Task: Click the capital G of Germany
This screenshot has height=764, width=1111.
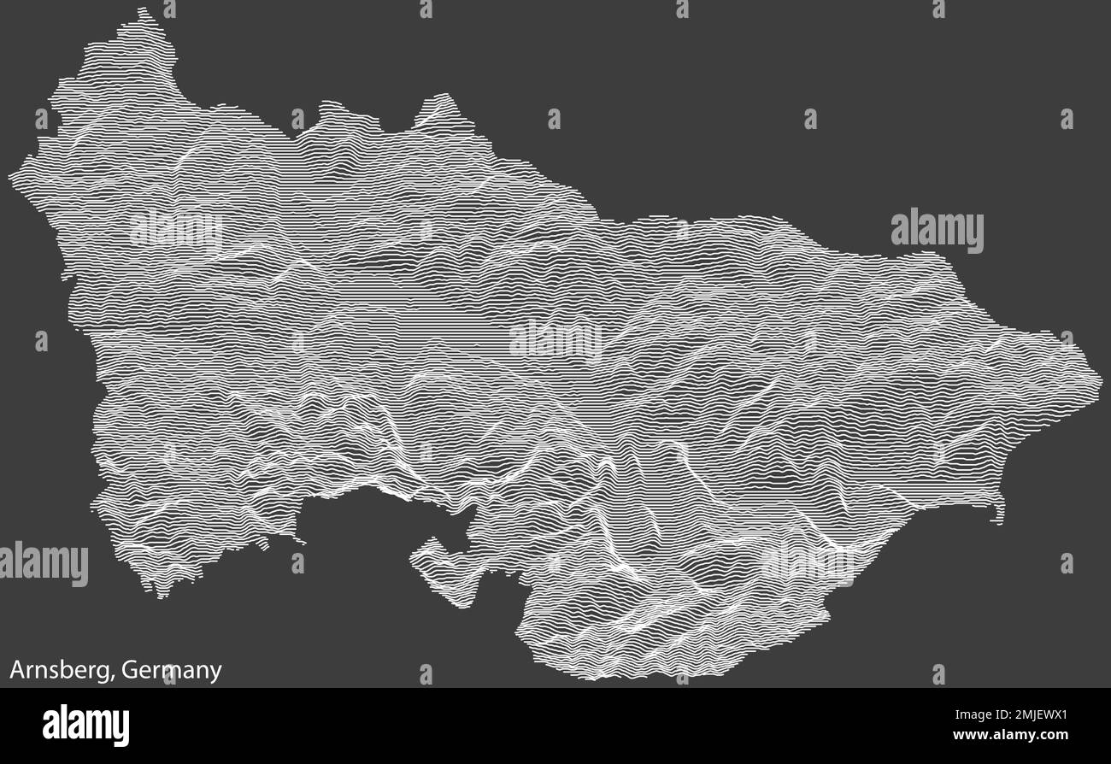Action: pos(128,671)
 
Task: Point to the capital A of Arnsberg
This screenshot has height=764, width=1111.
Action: pos(16,671)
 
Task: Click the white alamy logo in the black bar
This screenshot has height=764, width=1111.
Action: pos(85,725)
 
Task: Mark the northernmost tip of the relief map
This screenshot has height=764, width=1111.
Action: pos(142,10)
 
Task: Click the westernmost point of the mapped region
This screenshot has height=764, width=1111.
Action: pos(11,176)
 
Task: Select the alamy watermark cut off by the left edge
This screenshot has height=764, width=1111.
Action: pos(43,564)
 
